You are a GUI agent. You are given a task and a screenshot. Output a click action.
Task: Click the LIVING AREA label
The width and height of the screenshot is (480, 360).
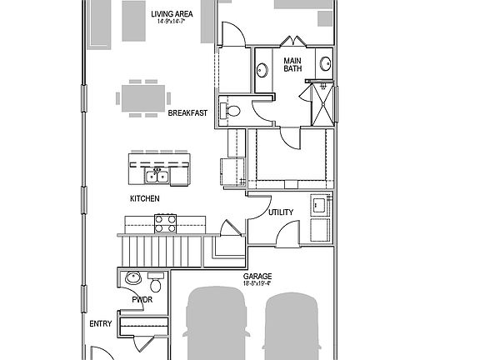[x=173, y=14]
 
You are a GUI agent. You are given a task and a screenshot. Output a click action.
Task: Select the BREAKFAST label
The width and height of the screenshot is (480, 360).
[x=187, y=112]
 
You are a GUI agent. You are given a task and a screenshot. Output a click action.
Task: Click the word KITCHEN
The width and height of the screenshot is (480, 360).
[x=145, y=199]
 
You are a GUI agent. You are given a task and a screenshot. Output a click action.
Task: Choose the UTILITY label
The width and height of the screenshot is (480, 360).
[x=281, y=212]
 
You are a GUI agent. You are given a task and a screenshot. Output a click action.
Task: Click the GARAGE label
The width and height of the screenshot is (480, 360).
[x=257, y=276]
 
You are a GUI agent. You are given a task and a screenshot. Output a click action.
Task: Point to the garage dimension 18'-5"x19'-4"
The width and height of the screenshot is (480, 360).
[x=257, y=284]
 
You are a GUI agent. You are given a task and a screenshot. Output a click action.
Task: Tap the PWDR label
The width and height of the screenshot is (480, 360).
[x=141, y=299]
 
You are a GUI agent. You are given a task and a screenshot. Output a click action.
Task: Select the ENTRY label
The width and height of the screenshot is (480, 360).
[x=100, y=323]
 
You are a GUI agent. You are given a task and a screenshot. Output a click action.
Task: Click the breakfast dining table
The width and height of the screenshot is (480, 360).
[x=139, y=96]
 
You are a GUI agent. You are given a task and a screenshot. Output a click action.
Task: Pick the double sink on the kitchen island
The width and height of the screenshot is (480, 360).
[x=157, y=175]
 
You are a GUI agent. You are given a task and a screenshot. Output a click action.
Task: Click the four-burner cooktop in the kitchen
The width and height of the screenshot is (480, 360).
[x=166, y=222]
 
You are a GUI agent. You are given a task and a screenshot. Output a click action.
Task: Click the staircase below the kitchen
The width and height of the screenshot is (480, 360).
[x=162, y=249]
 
